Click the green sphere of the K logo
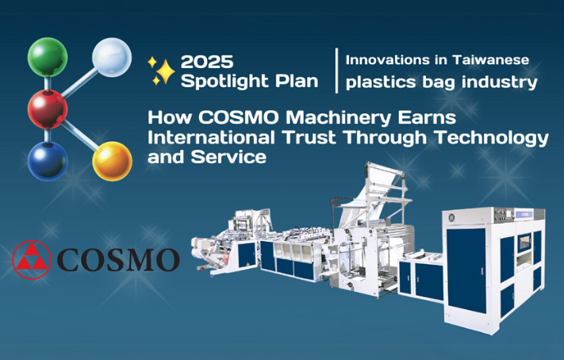pos(48,57)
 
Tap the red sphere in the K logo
pos(48,109)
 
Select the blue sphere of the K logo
pos(48,161)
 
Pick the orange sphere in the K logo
pos(112,161)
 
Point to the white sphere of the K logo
pos(112,57)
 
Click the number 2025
pos(207,62)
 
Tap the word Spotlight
pos(225,82)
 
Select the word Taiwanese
pos(490,59)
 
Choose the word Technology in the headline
pos(491,138)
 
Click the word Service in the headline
pos(228,157)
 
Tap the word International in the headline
pos(211,137)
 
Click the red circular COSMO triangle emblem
pos(32,259)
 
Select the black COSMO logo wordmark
pos(118,259)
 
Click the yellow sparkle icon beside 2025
pos(161,71)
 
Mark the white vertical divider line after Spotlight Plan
pos(336,71)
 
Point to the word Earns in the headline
pos(427,118)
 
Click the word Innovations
pos(388,59)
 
